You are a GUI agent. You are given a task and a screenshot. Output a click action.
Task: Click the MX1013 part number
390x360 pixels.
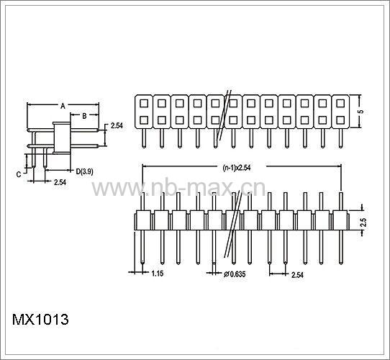40,320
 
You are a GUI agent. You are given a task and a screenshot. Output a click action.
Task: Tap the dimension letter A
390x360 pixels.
63,106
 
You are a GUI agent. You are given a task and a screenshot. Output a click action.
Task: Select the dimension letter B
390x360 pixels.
84,116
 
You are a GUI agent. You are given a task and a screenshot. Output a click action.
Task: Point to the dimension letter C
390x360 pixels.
19,174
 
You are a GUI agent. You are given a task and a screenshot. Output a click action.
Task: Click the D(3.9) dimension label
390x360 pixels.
85,171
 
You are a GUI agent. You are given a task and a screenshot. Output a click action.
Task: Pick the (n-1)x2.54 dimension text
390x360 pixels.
237,168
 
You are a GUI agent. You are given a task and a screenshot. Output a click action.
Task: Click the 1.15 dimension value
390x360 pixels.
158,274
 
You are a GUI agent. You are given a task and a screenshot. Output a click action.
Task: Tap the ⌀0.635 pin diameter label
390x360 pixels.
235,274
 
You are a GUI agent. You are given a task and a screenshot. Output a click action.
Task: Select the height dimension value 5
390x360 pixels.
360,112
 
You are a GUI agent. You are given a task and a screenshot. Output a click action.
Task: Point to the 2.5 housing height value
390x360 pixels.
363,222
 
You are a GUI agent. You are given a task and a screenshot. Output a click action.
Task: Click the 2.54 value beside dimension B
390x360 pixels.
117,126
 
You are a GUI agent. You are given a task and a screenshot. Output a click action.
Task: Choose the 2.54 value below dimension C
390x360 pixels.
60,182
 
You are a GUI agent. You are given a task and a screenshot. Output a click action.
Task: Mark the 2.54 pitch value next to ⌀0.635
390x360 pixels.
297,275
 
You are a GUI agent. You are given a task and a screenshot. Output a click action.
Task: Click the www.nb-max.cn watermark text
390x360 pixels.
178,188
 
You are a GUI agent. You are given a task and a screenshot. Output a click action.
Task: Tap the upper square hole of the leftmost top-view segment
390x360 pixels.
144,103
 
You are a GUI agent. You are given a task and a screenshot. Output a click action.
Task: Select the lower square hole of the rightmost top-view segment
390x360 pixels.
340,120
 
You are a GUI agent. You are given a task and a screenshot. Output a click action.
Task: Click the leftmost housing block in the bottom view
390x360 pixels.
143,220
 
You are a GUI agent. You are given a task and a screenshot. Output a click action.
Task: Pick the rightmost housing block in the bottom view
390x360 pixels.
340,220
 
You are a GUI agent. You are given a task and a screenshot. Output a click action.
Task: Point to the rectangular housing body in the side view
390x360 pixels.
62,138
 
